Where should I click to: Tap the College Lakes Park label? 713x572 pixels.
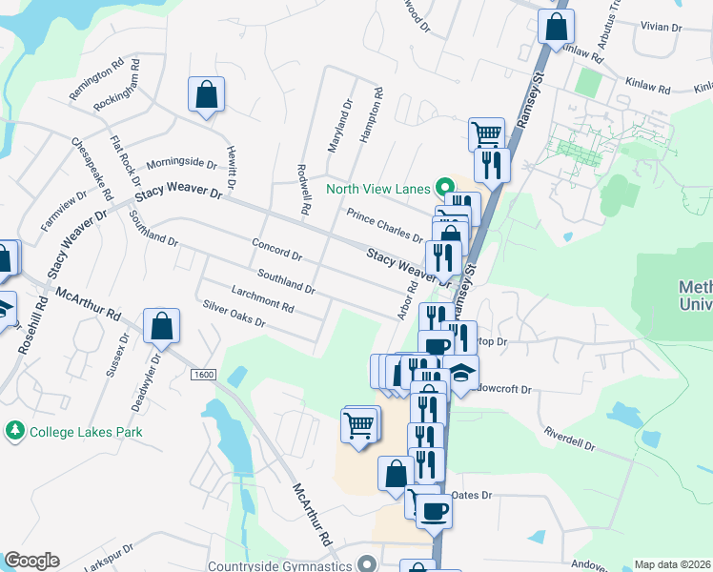(86, 432)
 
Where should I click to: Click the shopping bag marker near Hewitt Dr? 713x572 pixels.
(206, 94)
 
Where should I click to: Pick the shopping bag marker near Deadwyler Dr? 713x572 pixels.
(162, 325)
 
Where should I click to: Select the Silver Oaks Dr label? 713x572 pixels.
(233, 316)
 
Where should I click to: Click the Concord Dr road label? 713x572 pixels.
(276, 251)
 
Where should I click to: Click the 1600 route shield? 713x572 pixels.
(203, 375)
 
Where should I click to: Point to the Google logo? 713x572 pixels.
(31, 561)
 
